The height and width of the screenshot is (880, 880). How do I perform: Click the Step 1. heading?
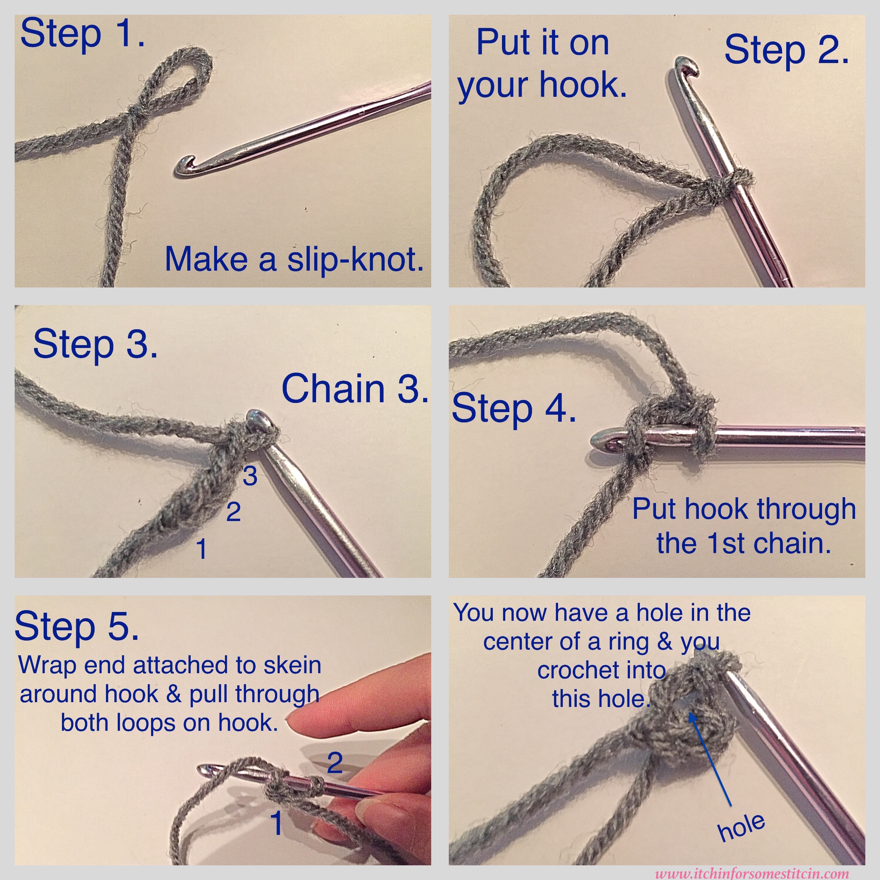click(x=82, y=34)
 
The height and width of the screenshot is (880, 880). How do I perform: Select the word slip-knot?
click(x=355, y=260)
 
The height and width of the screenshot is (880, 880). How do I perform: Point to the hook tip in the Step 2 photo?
click(x=686, y=66)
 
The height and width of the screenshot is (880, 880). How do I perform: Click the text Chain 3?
click(x=355, y=389)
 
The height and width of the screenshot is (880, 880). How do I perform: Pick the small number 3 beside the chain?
click(x=250, y=476)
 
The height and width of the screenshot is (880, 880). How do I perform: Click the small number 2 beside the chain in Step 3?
click(x=234, y=513)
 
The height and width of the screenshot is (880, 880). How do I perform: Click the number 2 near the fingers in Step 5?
click(x=335, y=763)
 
